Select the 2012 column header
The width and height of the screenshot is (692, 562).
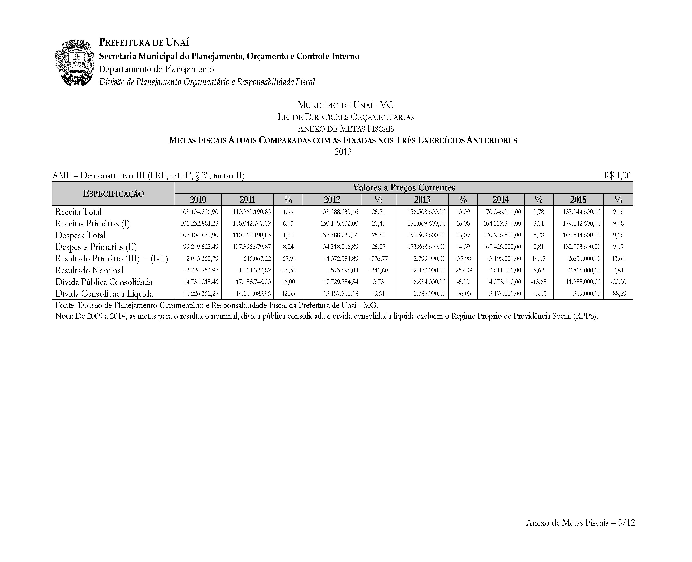[x=332, y=199]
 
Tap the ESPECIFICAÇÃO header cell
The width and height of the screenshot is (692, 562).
[x=113, y=194]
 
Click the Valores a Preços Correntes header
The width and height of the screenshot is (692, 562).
[x=404, y=187]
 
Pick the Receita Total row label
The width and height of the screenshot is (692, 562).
[x=78, y=212]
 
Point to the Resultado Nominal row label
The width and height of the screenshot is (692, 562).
[x=89, y=270]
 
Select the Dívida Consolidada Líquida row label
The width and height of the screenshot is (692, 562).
[x=104, y=294]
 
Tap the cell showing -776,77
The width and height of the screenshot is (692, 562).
[x=378, y=259]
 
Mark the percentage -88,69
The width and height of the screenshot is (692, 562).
[x=618, y=294]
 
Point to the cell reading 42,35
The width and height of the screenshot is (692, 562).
[x=288, y=294]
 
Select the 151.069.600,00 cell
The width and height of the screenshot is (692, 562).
[x=426, y=223]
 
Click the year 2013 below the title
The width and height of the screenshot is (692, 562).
[x=343, y=152]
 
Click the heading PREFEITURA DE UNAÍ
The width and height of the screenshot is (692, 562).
[x=144, y=42]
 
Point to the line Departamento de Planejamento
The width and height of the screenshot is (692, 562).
[x=157, y=69]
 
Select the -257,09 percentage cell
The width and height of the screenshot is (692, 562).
[x=463, y=270]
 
